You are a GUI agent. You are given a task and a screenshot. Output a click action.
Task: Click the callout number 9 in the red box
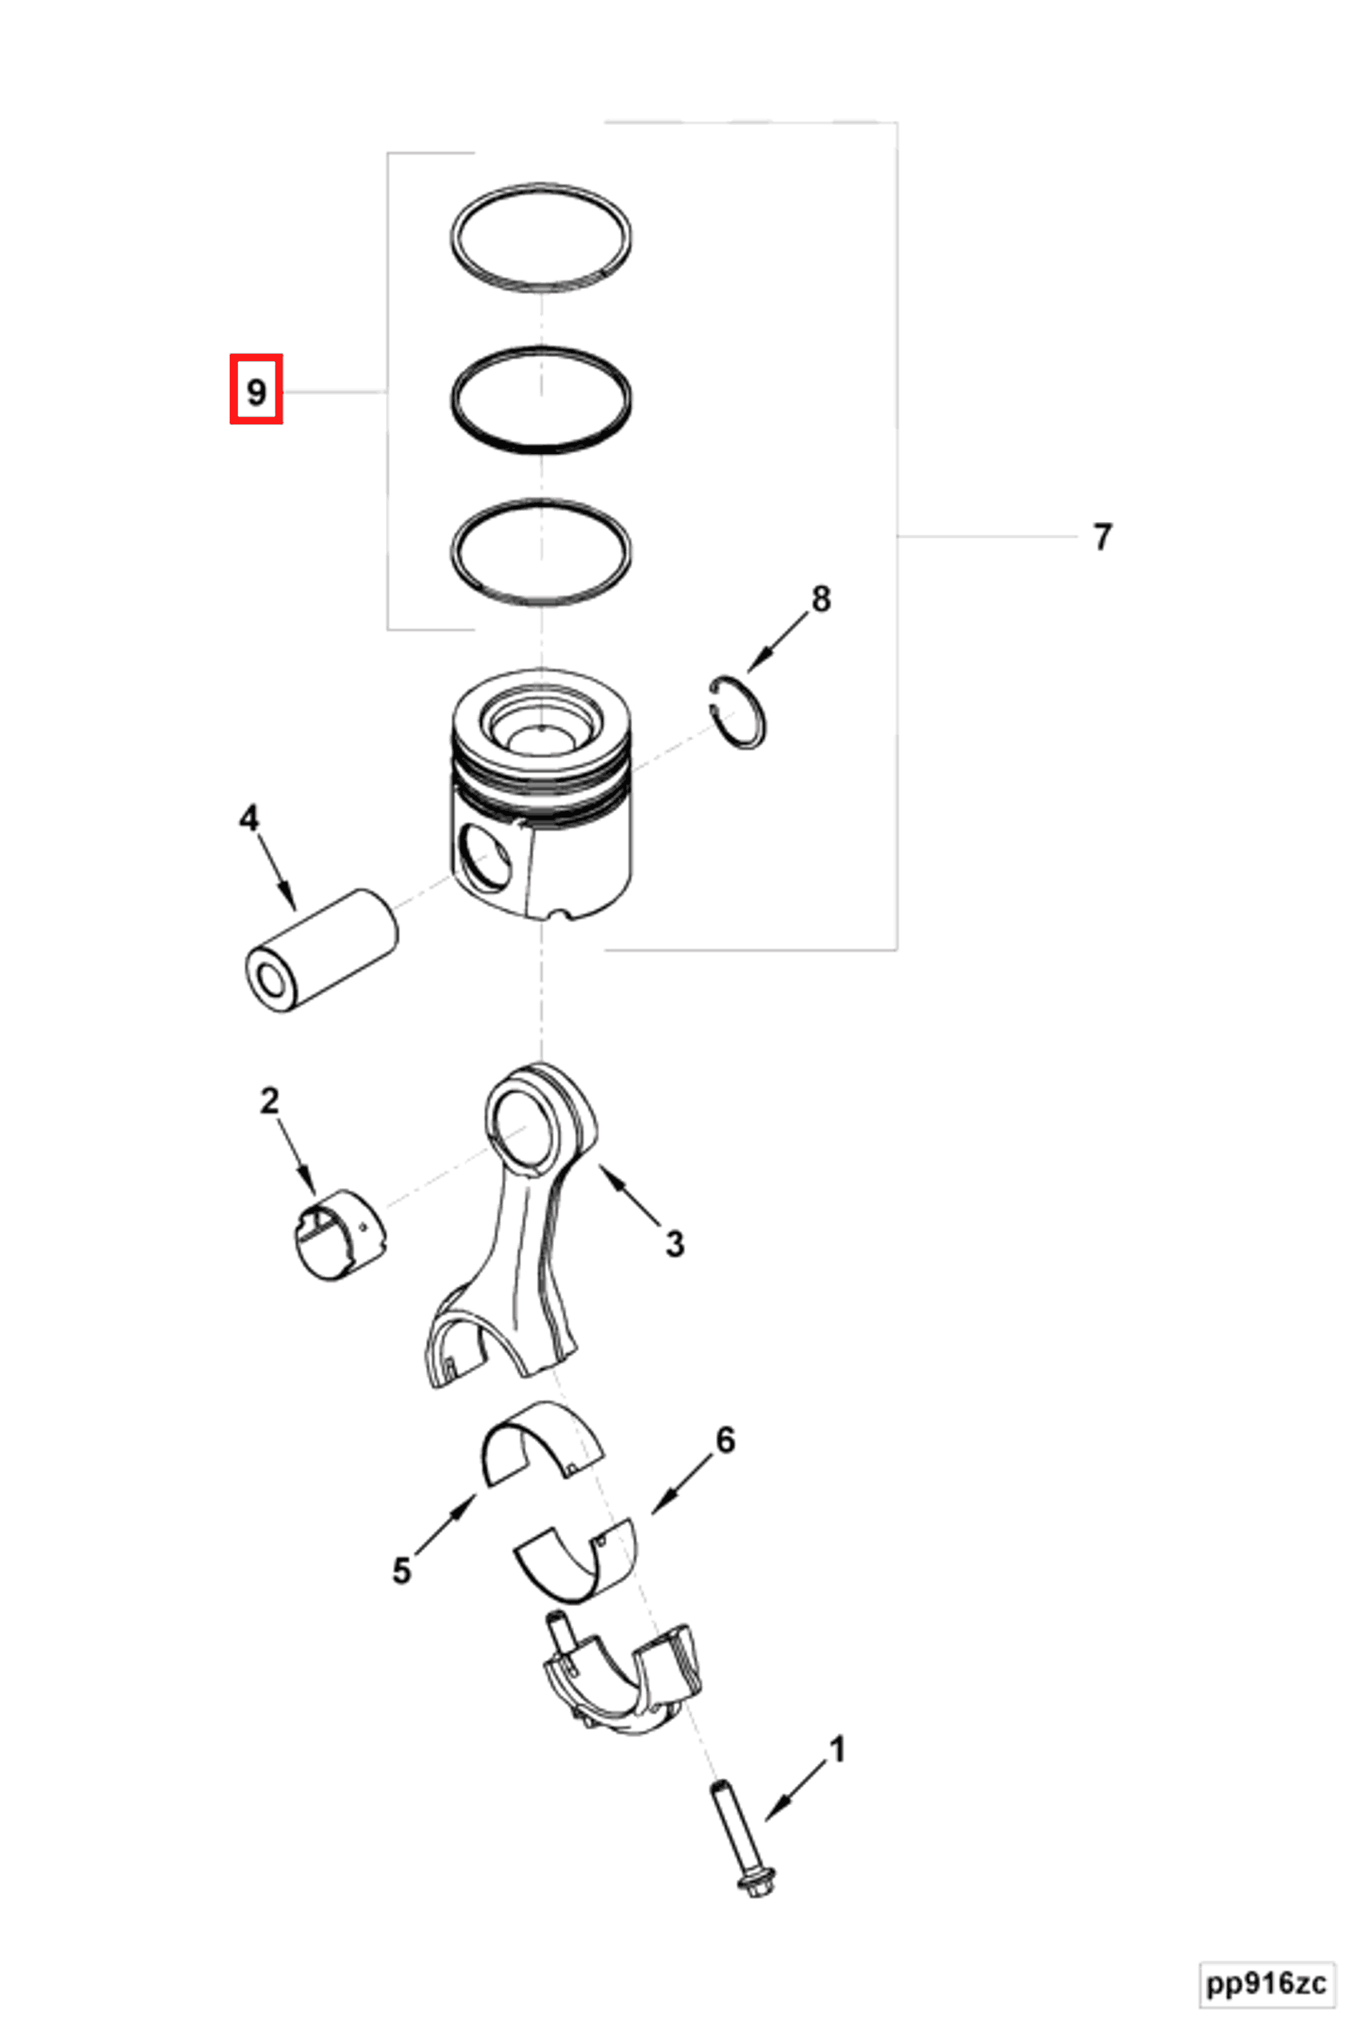(255, 391)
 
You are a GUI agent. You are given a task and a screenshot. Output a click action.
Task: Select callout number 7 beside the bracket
(1102, 537)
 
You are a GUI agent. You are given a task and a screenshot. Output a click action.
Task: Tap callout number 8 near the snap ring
(821, 599)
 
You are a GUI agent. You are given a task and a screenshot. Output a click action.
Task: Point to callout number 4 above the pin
(248, 818)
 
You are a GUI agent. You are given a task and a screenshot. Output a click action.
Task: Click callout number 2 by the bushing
(269, 1101)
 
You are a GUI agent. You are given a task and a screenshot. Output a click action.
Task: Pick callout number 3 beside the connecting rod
(675, 1242)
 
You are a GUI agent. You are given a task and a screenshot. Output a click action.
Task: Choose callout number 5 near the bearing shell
(401, 1571)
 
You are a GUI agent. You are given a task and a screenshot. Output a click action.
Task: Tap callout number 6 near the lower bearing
(725, 1440)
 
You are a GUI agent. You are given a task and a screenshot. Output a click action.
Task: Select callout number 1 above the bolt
(837, 1750)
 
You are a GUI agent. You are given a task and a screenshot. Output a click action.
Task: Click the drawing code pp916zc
(1266, 1984)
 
